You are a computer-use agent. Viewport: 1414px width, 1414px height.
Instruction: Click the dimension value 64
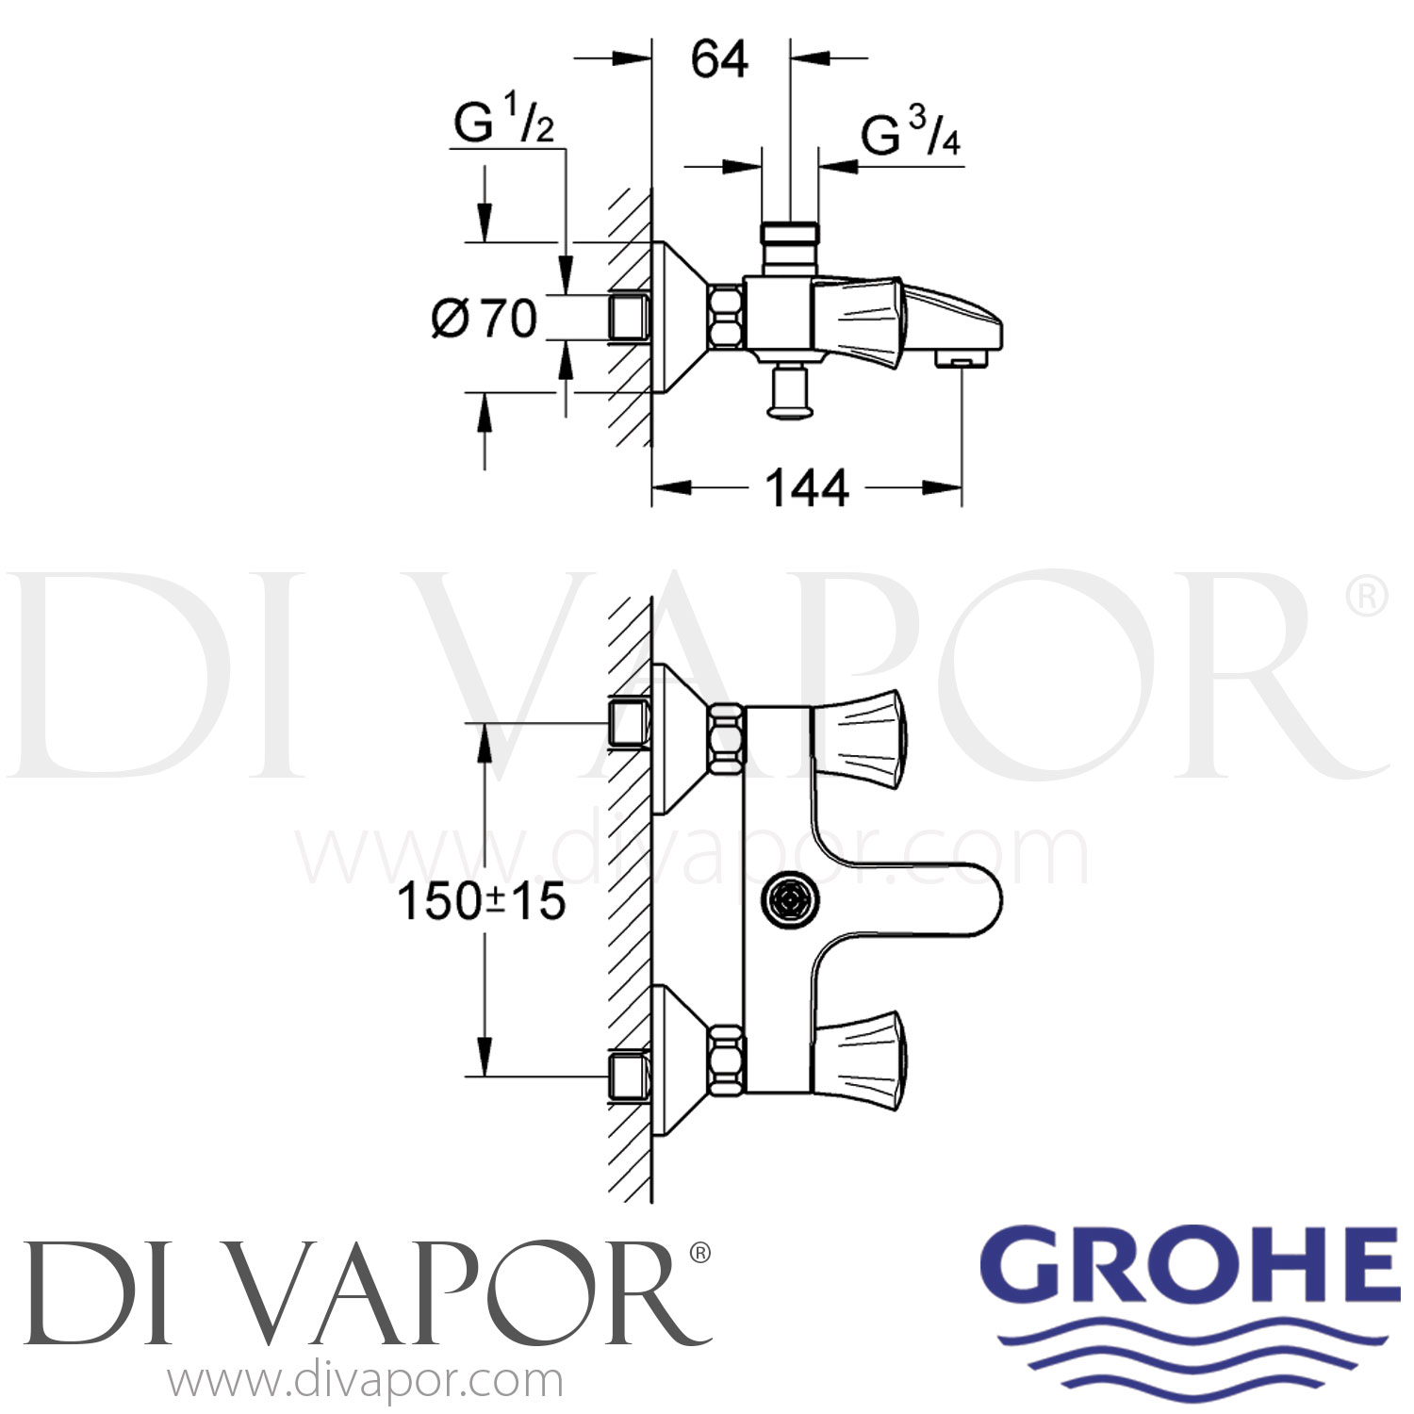pyautogui.click(x=719, y=59)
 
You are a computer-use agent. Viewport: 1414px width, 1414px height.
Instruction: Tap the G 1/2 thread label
pyautogui.click(x=503, y=123)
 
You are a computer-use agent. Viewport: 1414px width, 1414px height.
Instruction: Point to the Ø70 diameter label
pyautogui.click(x=485, y=319)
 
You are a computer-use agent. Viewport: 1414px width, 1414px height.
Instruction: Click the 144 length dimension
pyautogui.click(x=806, y=488)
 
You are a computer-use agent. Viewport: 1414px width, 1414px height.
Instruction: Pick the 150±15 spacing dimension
pyautogui.click(x=482, y=901)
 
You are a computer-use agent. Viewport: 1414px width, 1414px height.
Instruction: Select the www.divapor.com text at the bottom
pyautogui.click(x=366, y=1381)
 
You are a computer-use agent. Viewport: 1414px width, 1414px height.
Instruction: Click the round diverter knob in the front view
pyautogui.click(x=789, y=902)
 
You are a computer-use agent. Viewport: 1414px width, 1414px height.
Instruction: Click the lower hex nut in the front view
pyautogui.click(x=726, y=1060)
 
